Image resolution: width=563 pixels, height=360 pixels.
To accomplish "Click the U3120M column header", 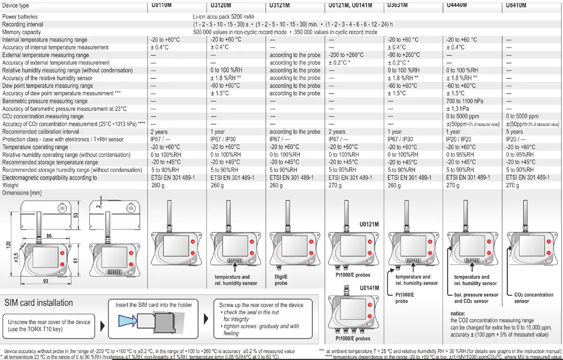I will (x=221, y=5).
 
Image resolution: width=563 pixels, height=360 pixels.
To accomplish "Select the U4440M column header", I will (x=457, y=5).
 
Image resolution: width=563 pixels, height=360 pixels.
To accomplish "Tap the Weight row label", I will (x=11, y=185).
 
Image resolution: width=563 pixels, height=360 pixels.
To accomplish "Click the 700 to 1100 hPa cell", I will (x=464, y=101).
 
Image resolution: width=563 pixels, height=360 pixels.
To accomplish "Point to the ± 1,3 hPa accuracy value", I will (x=457, y=109).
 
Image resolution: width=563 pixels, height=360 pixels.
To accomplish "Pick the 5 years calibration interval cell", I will (x=514, y=132).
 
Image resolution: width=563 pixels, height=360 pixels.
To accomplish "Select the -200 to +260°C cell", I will (x=346, y=55).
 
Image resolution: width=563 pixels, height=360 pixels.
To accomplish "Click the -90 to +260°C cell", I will (x=404, y=55).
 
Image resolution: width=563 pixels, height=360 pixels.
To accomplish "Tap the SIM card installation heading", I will (x=39, y=303).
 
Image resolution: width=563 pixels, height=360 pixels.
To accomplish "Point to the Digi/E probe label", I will (x=281, y=280).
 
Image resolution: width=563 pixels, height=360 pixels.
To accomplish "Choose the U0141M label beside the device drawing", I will (x=369, y=288).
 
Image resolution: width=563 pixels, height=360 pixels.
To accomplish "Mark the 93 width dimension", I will (x=46, y=281).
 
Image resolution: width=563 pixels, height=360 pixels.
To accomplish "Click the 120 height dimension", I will (x=8, y=245).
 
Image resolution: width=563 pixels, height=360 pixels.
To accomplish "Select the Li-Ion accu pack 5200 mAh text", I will (x=223, y=17).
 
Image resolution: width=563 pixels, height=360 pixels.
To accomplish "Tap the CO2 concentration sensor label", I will (x=533, y=298).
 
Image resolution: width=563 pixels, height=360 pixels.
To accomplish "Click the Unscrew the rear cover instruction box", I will (x=49, y=326).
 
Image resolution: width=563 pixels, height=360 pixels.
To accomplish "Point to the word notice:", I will (x=457, y=314).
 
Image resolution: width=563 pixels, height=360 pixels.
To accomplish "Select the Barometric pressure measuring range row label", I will (x=45, y=101).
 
